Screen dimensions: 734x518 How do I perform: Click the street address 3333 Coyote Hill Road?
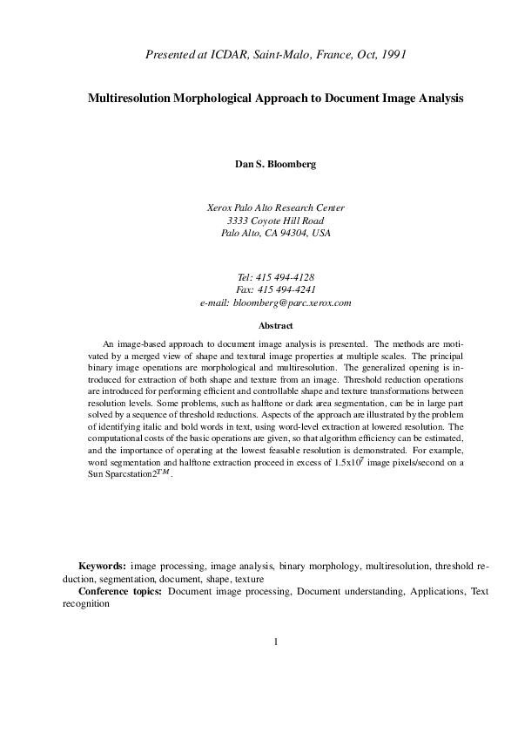[x=275, y=221]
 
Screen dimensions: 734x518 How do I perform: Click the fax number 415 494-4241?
[x=286, y=289]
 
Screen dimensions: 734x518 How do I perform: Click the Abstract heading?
[x=275, y=325]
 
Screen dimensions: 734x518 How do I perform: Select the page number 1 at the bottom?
[x=275, y=643]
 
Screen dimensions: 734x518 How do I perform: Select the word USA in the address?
[x=320, y=234]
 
